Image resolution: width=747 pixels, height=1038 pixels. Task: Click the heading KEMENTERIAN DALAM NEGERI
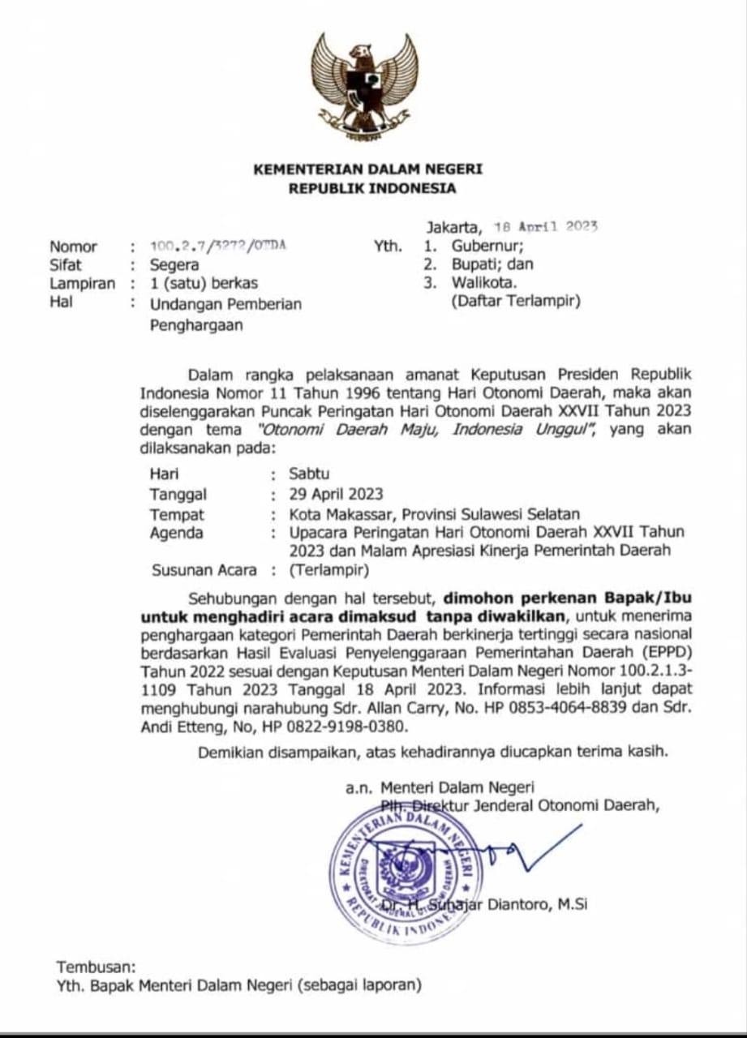(x=367, y=169)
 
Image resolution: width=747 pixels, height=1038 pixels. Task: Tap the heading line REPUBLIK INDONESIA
(x=373, y=189)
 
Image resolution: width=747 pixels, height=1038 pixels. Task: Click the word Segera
(x=174, y=264)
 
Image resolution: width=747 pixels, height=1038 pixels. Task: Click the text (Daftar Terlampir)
(x=516, y=302)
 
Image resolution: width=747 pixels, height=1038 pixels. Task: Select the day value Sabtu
(x=309, y=474)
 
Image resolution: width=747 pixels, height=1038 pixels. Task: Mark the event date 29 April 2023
(x=336, y=494)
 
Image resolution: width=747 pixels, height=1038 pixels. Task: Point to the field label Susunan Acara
(x=204, y=570)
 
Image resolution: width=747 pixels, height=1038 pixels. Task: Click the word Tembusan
(x=97, y=967)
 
